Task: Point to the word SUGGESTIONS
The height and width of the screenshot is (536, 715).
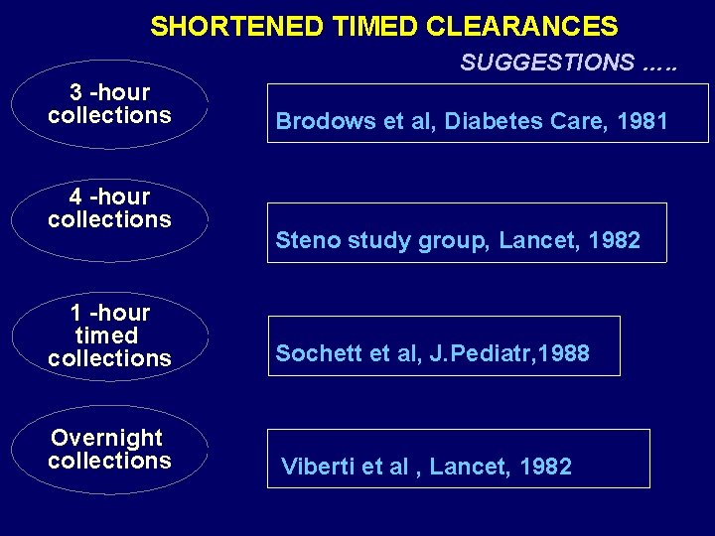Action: (547, 63)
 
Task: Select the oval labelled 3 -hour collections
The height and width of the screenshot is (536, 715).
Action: (109, 104)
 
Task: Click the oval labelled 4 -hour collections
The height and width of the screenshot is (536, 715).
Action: (109, 208)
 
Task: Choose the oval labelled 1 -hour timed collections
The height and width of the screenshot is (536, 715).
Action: (109, 335)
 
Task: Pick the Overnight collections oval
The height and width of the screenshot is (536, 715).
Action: (109, 450)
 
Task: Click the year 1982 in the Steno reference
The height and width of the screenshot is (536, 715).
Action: (614, 240)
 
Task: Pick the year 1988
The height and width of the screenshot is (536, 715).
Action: (561, 353)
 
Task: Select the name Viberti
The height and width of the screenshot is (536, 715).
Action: (313, 467)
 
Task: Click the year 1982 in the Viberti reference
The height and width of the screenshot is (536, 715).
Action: (545, 467)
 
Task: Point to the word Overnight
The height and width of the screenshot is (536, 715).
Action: (107, 438)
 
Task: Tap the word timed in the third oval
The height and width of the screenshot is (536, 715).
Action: (107, 335)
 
